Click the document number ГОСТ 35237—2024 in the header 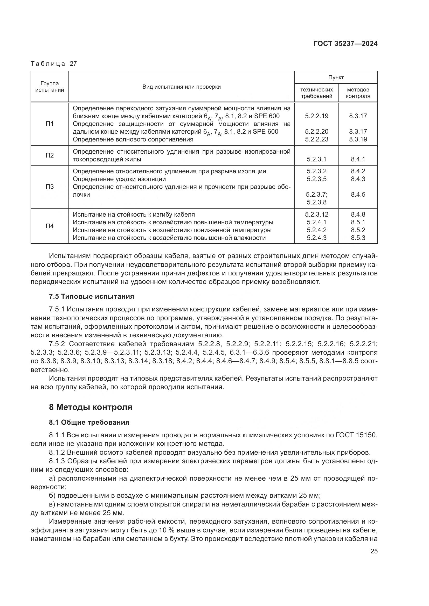point(345,44)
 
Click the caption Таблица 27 point(54,64)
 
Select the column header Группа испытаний point(50,87)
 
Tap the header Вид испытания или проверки point(182,87)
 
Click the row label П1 point(50,124)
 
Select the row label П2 point(50,155)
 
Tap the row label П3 point(50,187)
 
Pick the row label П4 point(50,226)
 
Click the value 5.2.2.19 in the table point(316,116)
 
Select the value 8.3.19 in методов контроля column point(358,139)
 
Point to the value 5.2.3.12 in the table point(316,214)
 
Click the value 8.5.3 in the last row point(358,238)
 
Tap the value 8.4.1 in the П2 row point(358,159)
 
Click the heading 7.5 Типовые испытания point(91,296)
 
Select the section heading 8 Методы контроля point(90,407)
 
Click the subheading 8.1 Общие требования point(89,422)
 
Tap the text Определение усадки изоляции point(119,179)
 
